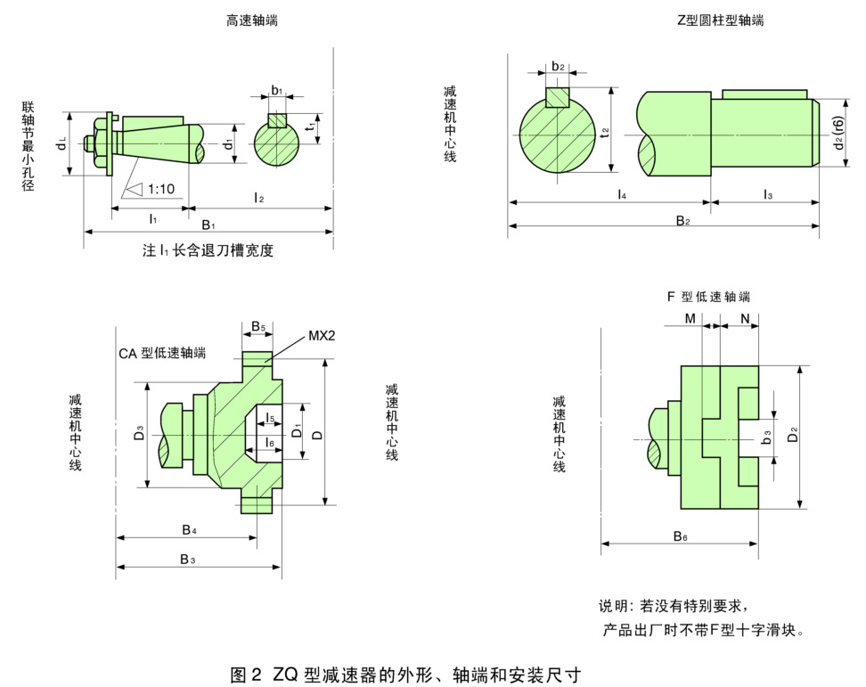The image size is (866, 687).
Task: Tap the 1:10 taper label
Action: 160,189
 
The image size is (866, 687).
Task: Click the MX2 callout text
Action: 322,335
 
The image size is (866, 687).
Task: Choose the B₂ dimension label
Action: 682,220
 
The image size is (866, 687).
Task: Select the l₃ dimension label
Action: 767,193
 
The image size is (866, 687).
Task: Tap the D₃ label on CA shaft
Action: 139,435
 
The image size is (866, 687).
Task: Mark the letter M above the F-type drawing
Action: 690,318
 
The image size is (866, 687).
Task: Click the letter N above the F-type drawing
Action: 743,318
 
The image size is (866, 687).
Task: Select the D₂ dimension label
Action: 817,435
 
